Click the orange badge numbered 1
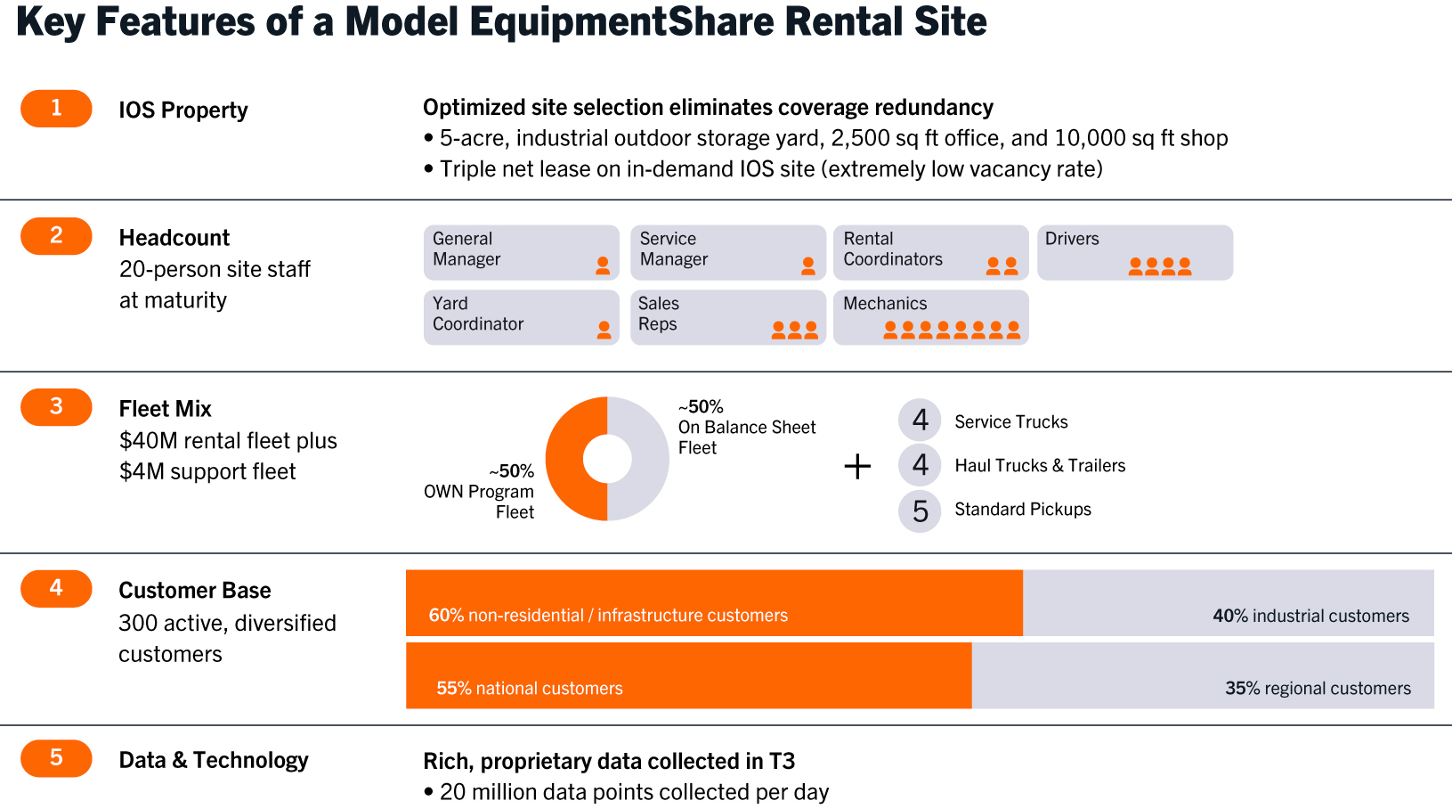[56, 109]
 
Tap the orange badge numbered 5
[56, 758]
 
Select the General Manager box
[521, 252]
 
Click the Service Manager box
[727, 252]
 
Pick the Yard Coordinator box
[521, 317]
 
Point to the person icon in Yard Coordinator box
[604, 330]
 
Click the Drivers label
[1072, 239]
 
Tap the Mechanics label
[885, 304]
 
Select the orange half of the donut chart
[564, 459]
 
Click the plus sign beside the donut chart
[857, 466]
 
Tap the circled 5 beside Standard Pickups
[920, 511]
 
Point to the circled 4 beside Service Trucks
[920, 420]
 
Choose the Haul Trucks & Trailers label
[1040, 466]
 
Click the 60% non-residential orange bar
[714, 602]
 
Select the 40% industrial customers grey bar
[1228, 602]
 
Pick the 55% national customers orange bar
[688, 675]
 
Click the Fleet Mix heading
[166, 409]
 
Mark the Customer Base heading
[195, 591]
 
